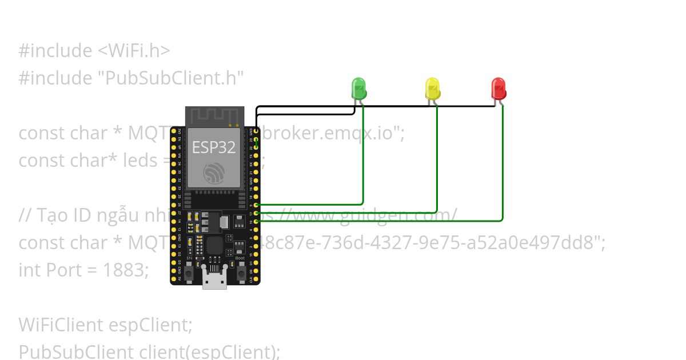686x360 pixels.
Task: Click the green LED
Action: point(358,89)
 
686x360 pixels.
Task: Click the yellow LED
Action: point(433,89)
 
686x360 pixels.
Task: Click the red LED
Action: point(498,89)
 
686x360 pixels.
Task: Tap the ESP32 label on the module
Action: point(213,147)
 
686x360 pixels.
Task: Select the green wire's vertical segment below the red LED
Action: point(502,166)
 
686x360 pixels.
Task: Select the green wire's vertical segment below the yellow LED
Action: point(437,160)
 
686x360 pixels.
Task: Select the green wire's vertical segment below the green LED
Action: point(363,154)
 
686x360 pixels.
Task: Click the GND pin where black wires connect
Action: point(257,131)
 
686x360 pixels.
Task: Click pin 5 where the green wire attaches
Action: point(257,204)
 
